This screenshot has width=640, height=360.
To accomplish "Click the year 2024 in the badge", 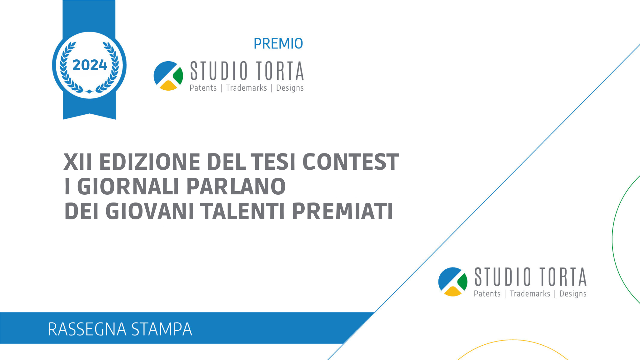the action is [90, 65].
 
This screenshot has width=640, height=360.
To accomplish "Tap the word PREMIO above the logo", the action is [278, 43].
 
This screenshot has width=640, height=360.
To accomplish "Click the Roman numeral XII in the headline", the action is [78, 162].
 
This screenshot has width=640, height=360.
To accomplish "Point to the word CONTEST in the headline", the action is [351, 162].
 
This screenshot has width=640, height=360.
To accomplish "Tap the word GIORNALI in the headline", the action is [128, 187].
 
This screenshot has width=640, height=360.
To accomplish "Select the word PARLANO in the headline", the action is [236, 187].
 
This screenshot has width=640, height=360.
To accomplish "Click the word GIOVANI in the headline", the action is [150, 211].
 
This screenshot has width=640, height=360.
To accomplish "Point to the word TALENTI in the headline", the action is [242, 211].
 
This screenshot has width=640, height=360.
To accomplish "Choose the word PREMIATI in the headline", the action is [342, 211].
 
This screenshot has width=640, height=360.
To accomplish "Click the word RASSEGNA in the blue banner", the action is [87, 329].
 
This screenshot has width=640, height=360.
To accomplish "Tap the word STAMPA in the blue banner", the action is [162, 329].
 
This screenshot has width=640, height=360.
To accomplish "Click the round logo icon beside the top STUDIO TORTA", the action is [168, 76].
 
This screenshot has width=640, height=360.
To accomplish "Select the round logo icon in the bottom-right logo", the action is [453, 282].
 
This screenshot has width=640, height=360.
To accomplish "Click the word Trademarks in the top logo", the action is [246, 88].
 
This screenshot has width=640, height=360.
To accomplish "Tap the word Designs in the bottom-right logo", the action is [573, 294].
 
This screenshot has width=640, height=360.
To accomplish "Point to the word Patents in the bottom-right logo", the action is [487, 293].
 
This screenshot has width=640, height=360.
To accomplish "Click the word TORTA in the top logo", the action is [280, 71].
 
